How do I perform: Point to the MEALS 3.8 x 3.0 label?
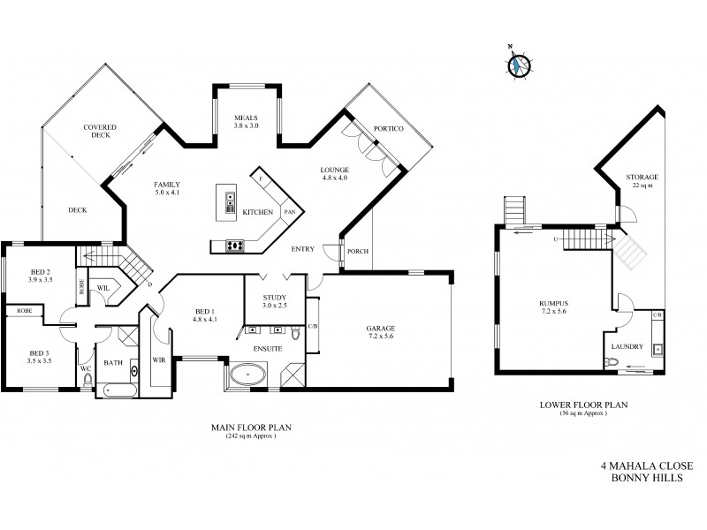(x=246, y=122)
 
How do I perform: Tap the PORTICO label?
(x=389, y=130)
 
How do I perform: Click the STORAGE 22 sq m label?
(x=642, y=182)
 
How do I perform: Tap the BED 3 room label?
(x=40, y=356)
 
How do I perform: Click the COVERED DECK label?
(x=101, y=132)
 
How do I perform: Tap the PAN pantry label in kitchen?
(x=288, y=213)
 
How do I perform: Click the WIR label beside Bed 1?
(x=159, y=360)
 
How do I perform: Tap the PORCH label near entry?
(x=358, y=251)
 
